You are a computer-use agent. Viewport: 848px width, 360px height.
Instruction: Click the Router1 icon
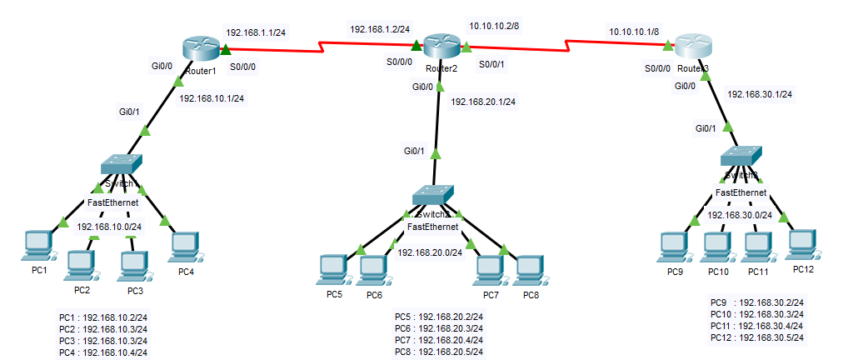pyautogui.click(x=199, y=49)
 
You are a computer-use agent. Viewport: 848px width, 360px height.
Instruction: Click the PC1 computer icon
pyautogui.click(x=39, y=244)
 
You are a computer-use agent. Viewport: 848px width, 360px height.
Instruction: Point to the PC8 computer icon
pyautogui.click(x=530, y=267)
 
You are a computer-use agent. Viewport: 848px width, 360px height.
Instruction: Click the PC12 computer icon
pyautogui.click(x=802, y=242)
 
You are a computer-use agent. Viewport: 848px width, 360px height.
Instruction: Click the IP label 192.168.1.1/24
pyautogui.click(x=256, y=33)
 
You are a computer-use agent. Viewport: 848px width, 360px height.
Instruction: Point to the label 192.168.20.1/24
pyautogui.click(x=483, y=102)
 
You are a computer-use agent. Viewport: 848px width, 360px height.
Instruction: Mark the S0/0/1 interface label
pyautogui.click(x=492, y=63)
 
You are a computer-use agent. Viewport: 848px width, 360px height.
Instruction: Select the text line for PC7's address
pyautogui.click(x=438, y=340)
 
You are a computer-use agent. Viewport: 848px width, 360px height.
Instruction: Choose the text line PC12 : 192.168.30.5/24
pyautogui.click(x=756, y=337)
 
